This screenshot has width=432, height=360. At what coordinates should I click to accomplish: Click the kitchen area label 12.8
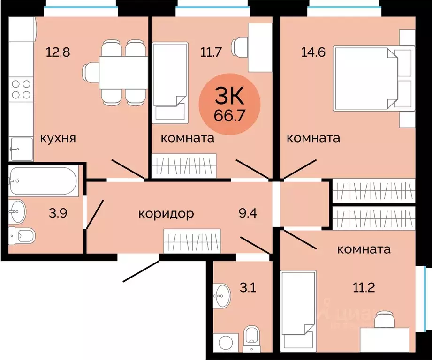(x=58, y=52)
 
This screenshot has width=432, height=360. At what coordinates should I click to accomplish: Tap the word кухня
(x=58, y=138)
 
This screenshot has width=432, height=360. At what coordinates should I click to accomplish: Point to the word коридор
(x=166, y=214)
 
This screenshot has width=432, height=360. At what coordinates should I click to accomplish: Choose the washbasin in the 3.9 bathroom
(x=19, y=211)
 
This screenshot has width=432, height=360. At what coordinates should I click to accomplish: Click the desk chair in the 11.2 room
(x=386, y=320)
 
